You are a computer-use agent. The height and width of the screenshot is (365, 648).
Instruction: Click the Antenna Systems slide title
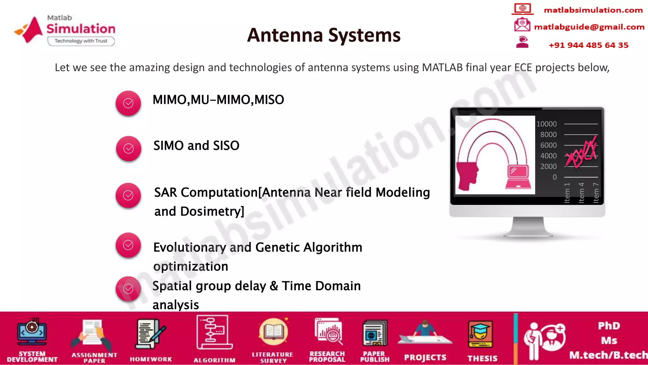[324, 35]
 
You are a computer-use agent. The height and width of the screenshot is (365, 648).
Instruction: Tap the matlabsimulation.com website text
[593, 10]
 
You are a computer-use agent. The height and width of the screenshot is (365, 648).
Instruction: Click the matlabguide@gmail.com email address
[589, 27]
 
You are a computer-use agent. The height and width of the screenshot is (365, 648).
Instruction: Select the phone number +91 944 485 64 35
[588, 45]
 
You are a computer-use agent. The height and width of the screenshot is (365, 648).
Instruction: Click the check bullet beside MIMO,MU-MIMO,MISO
[128, 103]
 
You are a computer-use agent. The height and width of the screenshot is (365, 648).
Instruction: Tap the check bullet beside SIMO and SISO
[128, 149]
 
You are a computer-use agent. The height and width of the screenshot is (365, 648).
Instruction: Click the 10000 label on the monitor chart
[546, 124]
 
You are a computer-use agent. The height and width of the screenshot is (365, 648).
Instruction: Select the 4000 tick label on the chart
[548, 156]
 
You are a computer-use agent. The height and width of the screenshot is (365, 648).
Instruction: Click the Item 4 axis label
[581, 192]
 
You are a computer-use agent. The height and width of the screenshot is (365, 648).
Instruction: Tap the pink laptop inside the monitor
[518, 177]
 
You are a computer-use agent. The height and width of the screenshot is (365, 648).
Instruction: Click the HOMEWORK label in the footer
[151, 359]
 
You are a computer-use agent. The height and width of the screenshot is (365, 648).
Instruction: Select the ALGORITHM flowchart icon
[214, 332]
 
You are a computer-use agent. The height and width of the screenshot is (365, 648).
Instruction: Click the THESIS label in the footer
[482, 358]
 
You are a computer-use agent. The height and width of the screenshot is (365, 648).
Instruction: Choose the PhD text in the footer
[609, 326]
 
